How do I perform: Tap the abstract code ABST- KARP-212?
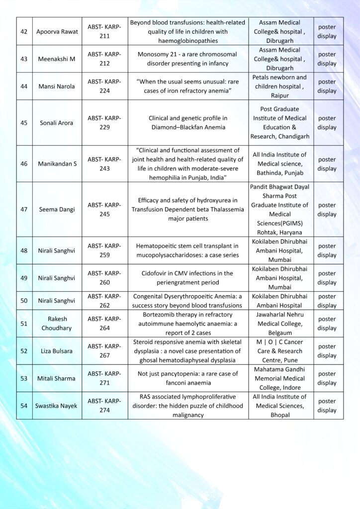point(104,59)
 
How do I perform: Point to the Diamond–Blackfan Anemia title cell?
point(188,123)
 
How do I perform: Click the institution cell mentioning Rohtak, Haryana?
point(281,209)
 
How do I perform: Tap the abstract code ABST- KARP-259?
point(104,251)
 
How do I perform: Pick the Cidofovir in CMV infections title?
point(188,278)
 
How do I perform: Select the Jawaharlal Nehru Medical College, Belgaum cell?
point(281,324)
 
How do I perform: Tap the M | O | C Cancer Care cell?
point(281,351)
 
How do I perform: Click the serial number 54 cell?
point(24,406)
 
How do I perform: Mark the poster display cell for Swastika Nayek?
point(327,406)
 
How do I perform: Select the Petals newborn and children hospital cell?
point(281,86)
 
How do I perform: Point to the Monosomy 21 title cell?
point(188,59)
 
